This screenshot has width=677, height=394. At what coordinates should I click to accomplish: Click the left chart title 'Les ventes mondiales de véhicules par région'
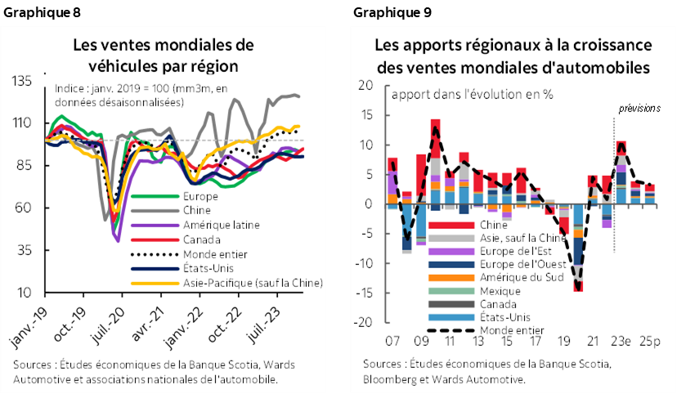[x=164, y=55]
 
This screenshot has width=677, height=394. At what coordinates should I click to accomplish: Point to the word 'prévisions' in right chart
[x=639, y=108]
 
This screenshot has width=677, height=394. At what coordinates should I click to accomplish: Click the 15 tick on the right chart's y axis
[x=366, y=115]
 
